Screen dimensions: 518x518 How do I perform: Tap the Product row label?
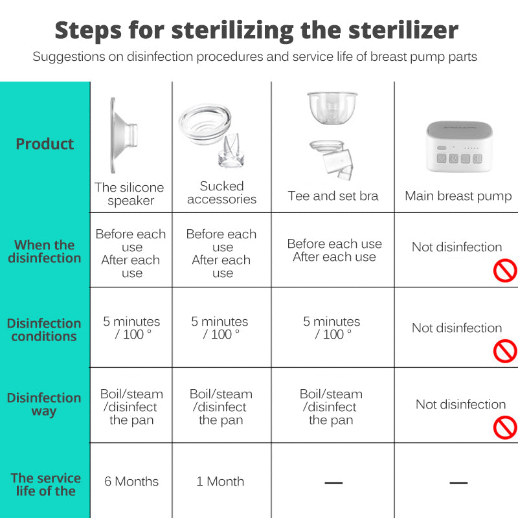pyautogui.click(x=45, y=144)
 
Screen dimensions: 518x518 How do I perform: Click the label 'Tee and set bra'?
pyautogui.click(x=333, y=196)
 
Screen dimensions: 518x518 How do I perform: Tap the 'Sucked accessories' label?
pyautogui.click(x=221, y=193)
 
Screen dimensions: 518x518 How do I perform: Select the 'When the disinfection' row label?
pyautogui.click(x=45, y=251)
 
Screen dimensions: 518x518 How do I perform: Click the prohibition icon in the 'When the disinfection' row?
pyautogui.click(x=504, y=270)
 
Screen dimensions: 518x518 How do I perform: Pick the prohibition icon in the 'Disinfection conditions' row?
pyautogui.click(x=504, y=351)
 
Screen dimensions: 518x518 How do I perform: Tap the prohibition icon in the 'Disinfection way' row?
pyautogui.click(x=504, y=427)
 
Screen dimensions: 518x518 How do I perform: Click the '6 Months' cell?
pyautogui.click(x=131, y=481)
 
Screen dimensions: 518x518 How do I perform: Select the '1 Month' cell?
pyautogui.click(x=220, y=481)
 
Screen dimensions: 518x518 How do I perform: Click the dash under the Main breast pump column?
pyautogui.click(x=458, y=482)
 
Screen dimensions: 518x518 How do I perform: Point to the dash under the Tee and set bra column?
pyautogui.click(x=333, y=482)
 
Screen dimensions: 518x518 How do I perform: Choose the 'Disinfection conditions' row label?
pyautogui.click(x=44, y=330)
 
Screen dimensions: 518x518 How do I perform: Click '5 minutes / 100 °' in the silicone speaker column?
pyautogui.click(x=131, y=328)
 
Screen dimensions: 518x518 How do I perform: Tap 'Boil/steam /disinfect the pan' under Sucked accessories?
pyautogui.click(x=221, y=407)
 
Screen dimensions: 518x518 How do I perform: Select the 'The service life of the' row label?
pyautogui.click(x=45, y=484)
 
